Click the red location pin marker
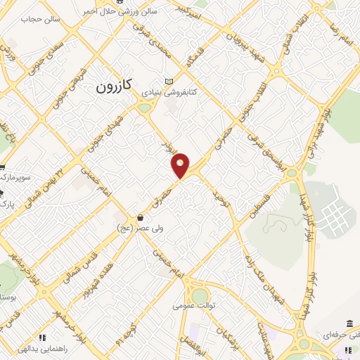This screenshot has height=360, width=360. coord(181,164)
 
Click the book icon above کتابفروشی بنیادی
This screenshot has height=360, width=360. coord(168,81)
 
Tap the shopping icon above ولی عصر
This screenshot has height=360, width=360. coord(141,217)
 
